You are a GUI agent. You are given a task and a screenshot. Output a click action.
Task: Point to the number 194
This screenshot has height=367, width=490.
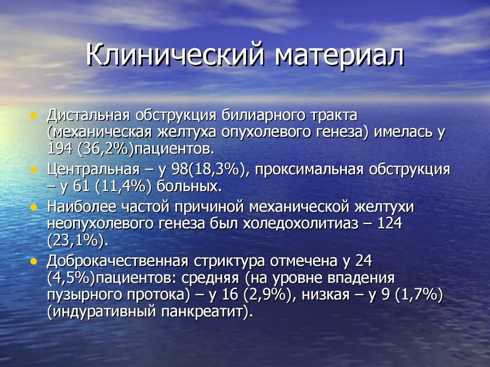click(x=59, y=149)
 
